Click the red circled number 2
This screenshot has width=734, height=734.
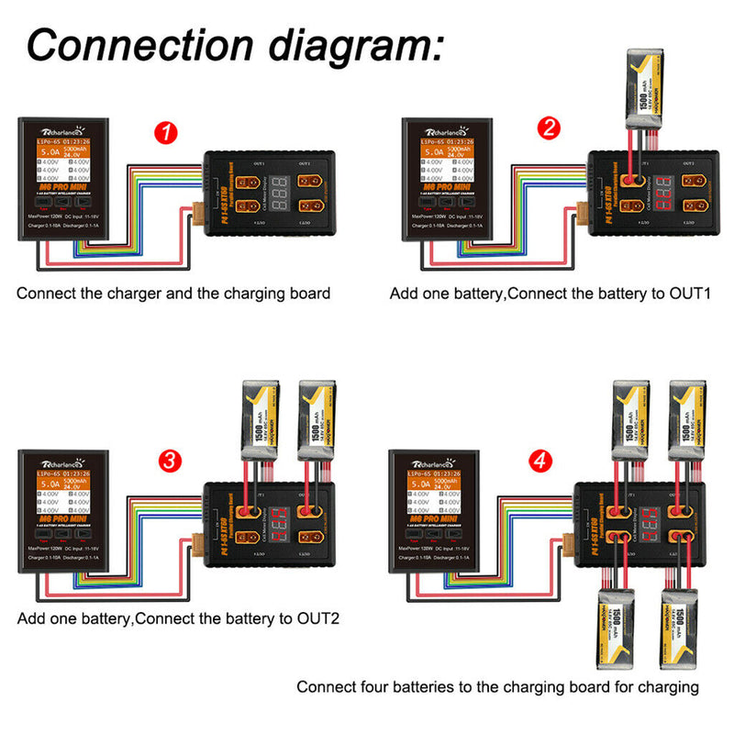[x=549, y=128]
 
